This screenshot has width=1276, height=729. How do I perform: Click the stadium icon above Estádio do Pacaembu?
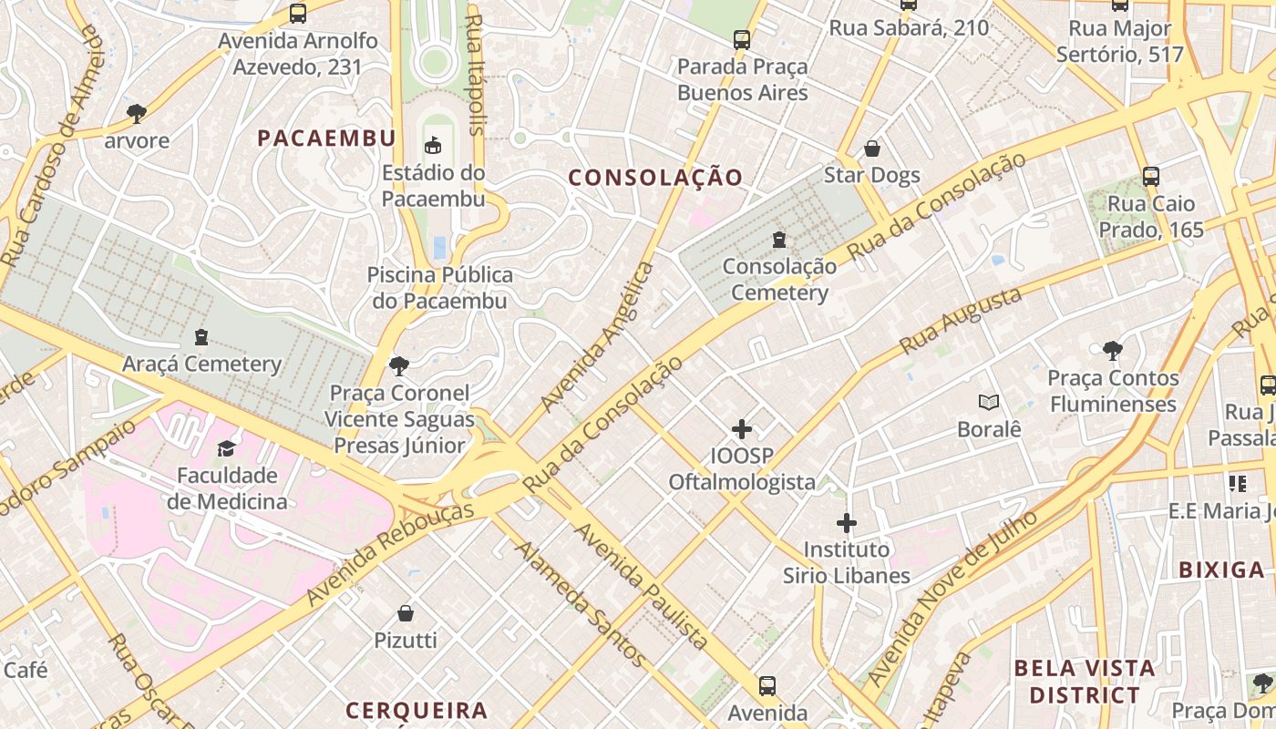[x=433, y=145]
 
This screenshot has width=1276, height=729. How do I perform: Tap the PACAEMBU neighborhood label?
[x=326, y=139]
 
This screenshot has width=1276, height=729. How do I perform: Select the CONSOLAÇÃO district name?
[x=656, y=178]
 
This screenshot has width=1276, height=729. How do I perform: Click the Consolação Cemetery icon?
[x=779, y=240]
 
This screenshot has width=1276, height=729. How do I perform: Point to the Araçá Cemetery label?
[x=202, y=364]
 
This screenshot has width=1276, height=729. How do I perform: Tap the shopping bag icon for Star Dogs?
[x=872, y=149]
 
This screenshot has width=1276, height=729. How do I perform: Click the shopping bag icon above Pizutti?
[x=406, y=614]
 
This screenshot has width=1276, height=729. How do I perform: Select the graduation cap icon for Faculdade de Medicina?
[x=226, y=448]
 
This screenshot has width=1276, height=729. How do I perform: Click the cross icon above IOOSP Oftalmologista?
[x=742, y=429]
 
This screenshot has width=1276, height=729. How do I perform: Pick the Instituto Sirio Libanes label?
[x=847, y=563]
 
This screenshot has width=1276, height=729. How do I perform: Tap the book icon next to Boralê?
[x=989, y=402]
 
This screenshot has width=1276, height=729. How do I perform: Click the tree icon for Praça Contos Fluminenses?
[x=1112, y=351]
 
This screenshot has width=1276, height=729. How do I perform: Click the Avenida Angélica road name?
[x=598, y=337]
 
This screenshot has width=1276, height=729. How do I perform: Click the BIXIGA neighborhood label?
[x=1221, y=570]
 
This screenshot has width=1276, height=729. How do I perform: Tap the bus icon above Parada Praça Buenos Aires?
[x=742, y=40]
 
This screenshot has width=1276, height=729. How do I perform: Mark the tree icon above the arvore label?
[x=137, y=114]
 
